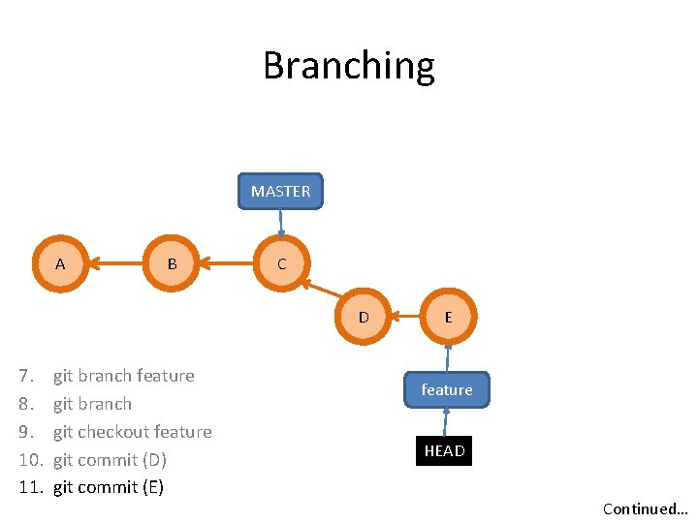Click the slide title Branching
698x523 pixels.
point(349,66)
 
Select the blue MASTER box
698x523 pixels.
point(281,191)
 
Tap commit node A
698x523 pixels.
point(60,263)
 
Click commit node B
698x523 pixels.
point(172,263)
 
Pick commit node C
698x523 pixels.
point(281,263)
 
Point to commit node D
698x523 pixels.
point(364,317)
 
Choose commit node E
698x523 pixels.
point(448,317)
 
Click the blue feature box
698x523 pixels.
point(447,389)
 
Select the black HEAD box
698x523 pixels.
point(444,450)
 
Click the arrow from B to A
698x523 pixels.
point(115,262)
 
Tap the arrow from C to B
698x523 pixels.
point(226,262)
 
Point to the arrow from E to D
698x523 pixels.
point(405,316)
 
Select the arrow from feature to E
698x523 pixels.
point(448,357)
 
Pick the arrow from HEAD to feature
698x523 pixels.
point(445,421)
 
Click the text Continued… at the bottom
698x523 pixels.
point(645,508)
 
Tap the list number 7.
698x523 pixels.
point(27,376)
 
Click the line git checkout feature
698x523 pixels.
point(132,432)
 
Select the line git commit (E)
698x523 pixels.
point(109,487)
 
